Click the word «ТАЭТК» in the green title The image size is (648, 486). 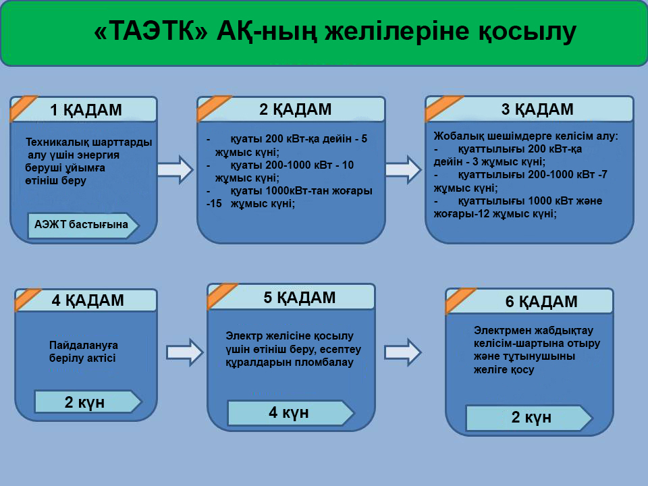click(x=151, y=32)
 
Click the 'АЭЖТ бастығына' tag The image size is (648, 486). click(x=83, y=225)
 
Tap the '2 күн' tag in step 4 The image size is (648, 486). click(x=88, y=402)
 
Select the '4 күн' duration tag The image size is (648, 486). click(x=290, y=412)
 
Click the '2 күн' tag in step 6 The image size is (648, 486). click(x=529, y=417)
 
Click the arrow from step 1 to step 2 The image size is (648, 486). click(x=175, y=169)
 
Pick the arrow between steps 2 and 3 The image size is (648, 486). click(x=404, y=169)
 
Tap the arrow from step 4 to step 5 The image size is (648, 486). click(x=185, y=352)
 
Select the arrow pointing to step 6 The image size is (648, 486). click(x=403, y=352)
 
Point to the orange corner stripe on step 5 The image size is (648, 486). click(x=221, y=295)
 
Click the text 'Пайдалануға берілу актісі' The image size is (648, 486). click(x=83, y=351)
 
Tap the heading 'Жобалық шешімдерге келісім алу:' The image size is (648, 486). click(x=526, y=136)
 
